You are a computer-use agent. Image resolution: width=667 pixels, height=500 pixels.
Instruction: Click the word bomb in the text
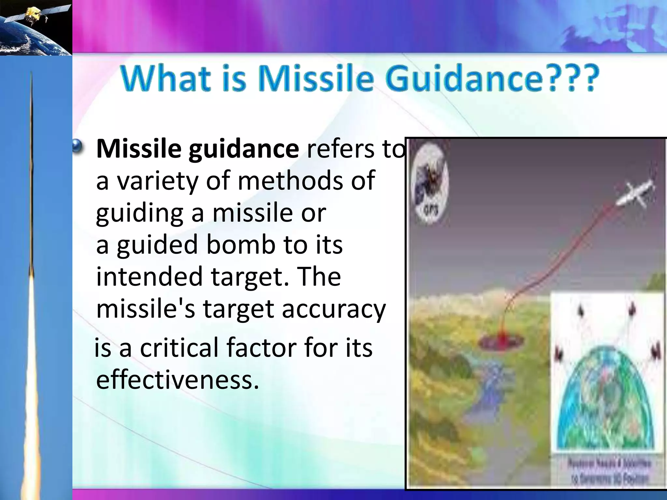(241, 245)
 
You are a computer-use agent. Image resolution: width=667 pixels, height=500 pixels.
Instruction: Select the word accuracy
(333, 309)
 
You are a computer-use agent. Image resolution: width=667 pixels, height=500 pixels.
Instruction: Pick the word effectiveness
(177, 380)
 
